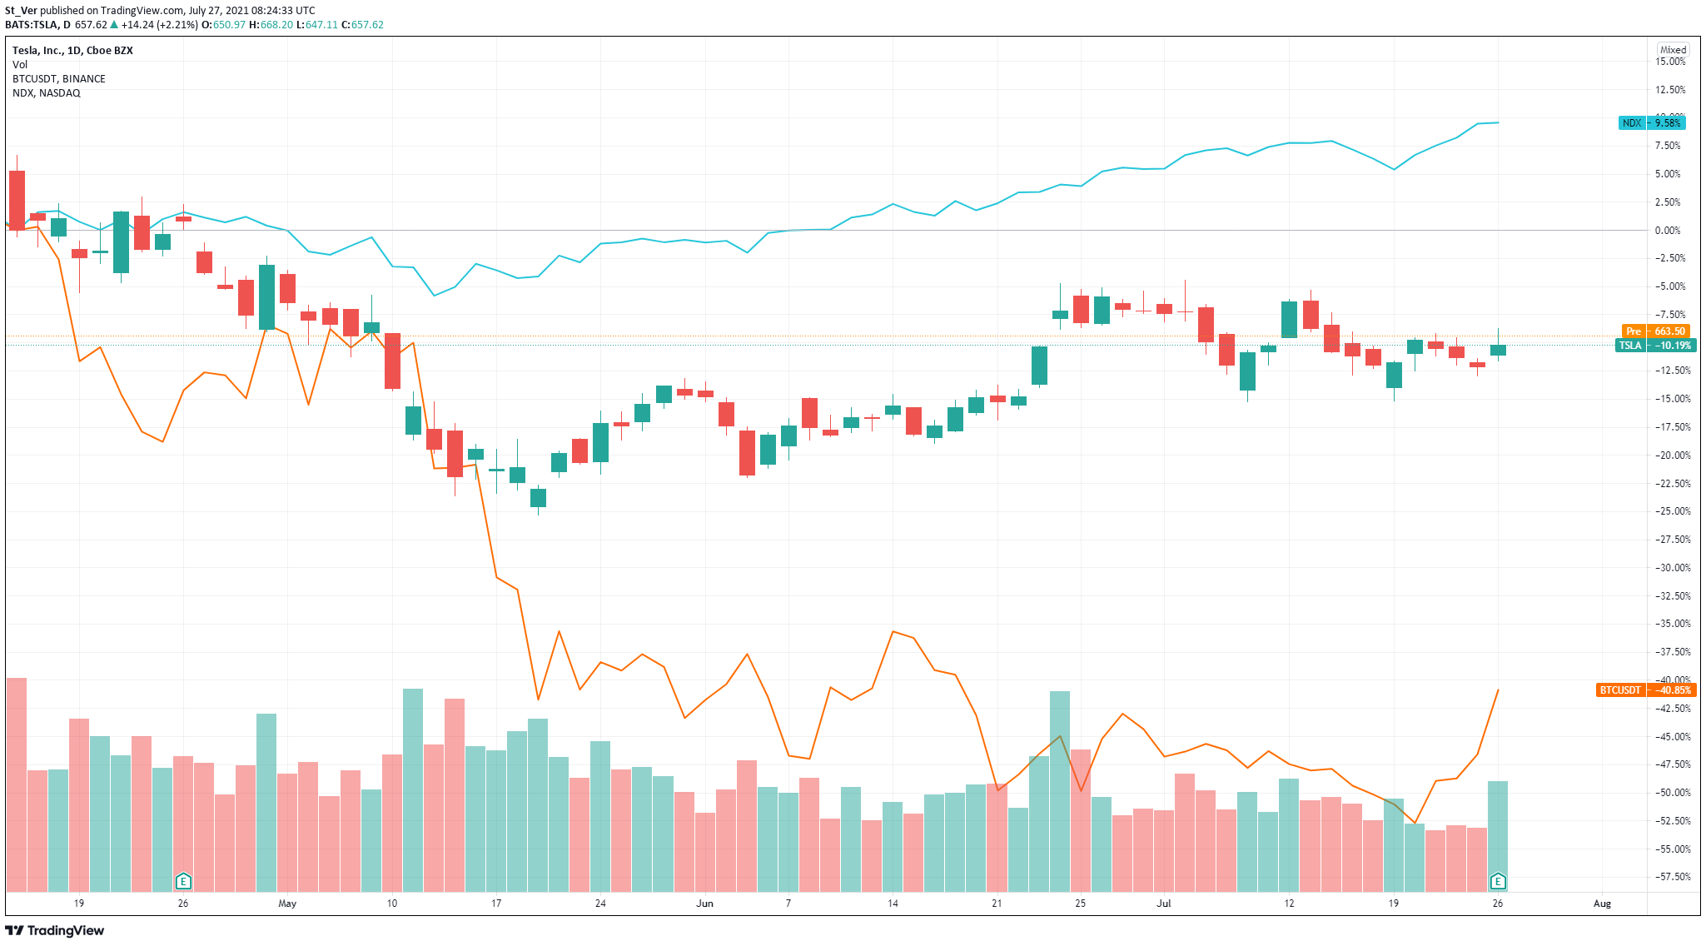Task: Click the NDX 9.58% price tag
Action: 1652,123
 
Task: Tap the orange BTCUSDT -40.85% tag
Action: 1646,690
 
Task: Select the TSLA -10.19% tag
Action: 1654,346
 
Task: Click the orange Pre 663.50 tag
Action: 1655,331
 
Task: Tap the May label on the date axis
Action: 287,904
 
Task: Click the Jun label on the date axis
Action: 704,904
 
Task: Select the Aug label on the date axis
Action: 1602,904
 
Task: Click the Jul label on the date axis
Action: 1163,904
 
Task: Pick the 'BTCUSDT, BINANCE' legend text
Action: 59,79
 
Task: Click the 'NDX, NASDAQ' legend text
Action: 47,93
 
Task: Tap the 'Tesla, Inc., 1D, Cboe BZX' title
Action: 72,51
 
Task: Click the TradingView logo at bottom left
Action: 55,930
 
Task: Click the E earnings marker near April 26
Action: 183,881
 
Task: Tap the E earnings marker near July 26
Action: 1497,881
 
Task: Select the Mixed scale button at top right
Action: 1672,50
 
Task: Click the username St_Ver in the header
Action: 21,11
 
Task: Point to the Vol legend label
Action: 20,65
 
